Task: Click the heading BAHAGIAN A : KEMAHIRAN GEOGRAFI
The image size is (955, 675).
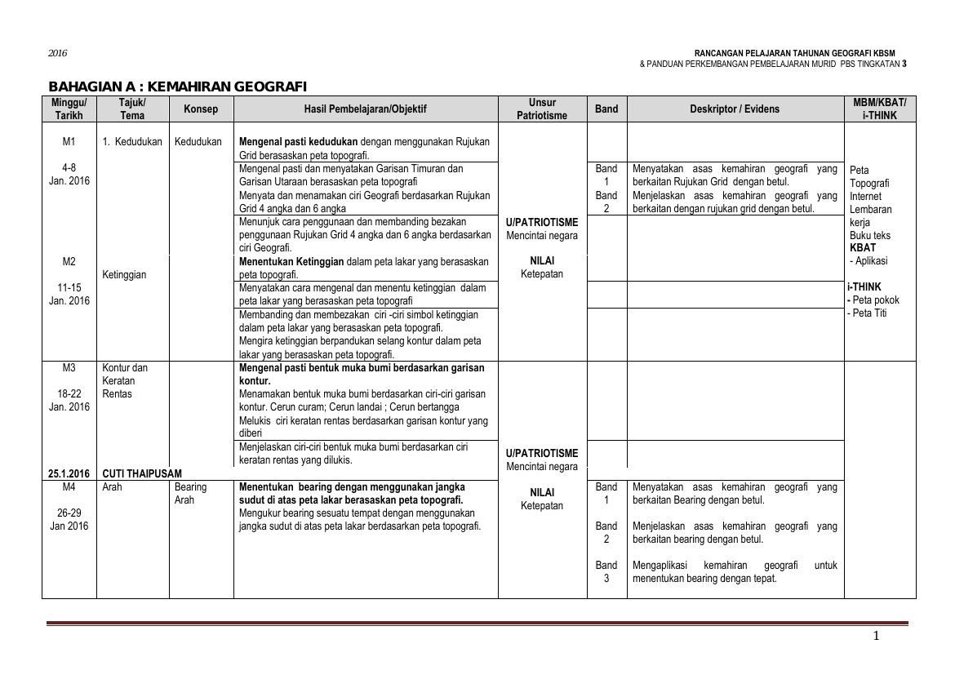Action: [177, 87]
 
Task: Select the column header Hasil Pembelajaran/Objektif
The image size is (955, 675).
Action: [365, 109]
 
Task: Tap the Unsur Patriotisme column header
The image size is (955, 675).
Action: [542, 109]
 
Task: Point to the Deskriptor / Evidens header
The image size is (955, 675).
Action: [735, 109]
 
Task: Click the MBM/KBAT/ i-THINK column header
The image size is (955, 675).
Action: [879, 109]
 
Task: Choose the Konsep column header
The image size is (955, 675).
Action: [201, 109]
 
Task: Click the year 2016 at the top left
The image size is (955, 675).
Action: [57, 53]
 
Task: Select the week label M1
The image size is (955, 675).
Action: [69, 142]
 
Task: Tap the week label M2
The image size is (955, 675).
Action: [69, 262]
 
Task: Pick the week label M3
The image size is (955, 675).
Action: [69, 368]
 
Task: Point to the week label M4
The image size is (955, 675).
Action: [69, 487]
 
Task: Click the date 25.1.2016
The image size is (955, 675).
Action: [69, 473]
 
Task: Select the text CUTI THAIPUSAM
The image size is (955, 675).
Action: [142, 473]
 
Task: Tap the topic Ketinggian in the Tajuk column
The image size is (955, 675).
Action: [124, 275]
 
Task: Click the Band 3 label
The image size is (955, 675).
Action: [606, 572]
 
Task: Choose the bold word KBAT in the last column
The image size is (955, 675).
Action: [862, 248]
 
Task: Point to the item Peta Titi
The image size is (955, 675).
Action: [869, 313]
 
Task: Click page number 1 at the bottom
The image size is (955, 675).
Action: [877, 637]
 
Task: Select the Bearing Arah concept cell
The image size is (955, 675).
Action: [190, 494]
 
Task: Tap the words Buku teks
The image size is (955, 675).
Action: [869, 236]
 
